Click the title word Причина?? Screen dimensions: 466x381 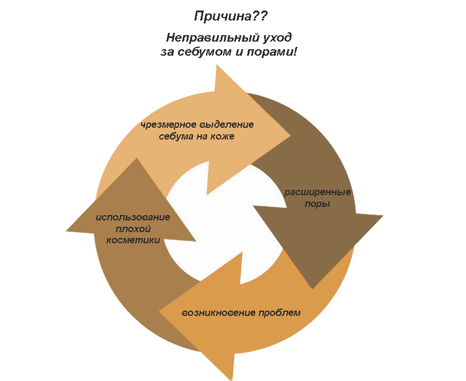231,16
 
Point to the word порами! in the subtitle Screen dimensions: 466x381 272,52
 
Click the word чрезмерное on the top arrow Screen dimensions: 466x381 168,125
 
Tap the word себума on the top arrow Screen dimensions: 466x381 176,137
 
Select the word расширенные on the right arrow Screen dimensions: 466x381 318,192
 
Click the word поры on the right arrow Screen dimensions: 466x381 317,204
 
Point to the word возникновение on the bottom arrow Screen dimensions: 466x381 218,313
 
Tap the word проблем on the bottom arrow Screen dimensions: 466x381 279,313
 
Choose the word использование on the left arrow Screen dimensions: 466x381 133,217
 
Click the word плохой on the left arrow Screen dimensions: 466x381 133,229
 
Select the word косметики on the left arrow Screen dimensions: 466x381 133,240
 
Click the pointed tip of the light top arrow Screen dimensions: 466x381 290,136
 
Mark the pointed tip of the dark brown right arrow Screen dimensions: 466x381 312,289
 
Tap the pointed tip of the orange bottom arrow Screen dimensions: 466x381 159,312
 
